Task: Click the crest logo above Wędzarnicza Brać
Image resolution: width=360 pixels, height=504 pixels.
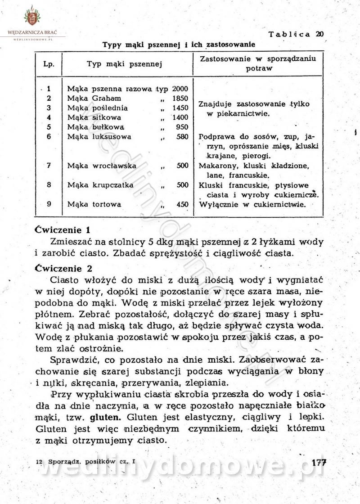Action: point(32,17)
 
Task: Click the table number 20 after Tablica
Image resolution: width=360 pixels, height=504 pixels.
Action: point(319,34)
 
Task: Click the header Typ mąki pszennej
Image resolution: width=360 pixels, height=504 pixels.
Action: point(124,64)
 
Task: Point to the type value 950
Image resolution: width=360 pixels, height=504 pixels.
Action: point(182,127)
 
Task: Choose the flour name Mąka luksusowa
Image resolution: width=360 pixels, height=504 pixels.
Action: point(99,136)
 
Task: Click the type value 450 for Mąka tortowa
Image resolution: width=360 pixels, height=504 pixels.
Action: point(182,204)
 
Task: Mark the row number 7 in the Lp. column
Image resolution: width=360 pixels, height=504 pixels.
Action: point(49,166)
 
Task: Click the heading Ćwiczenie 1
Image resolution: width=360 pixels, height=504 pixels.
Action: point(63,228)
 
